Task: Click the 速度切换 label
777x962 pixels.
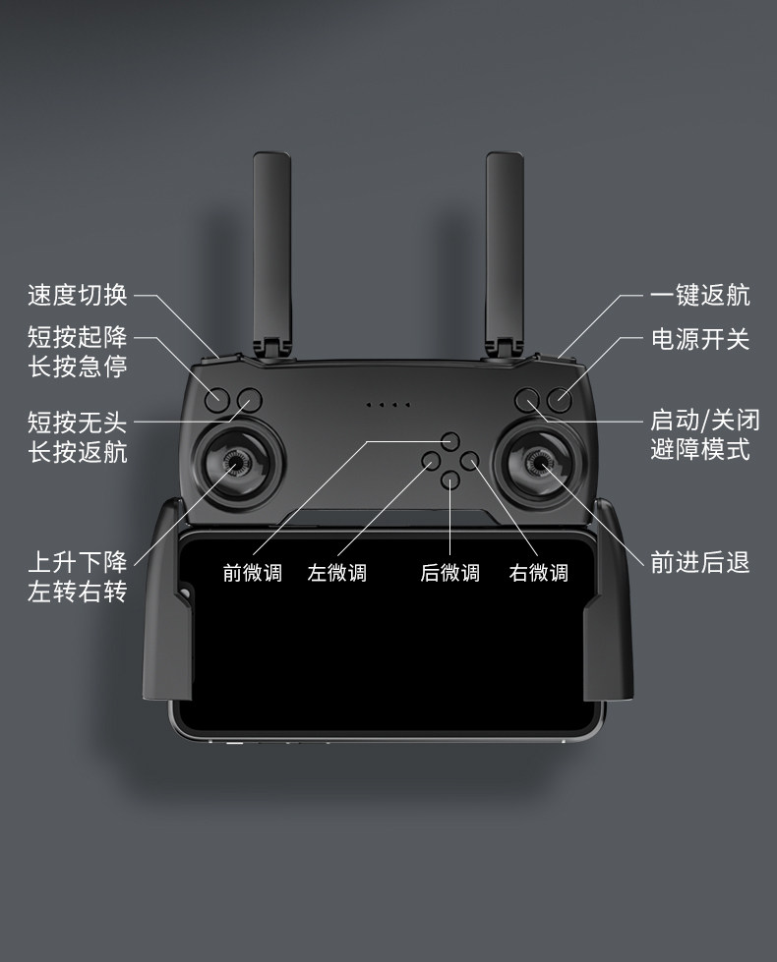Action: coord(77,294)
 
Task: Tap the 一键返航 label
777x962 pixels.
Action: coord(699,294)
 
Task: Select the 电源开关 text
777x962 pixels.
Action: coord(699,339)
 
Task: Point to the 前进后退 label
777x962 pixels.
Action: coord(699,562)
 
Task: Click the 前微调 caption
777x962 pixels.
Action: coord(252,573)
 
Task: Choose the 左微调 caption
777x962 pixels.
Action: coord(336,573)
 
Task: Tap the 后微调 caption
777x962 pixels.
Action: coord(449,573)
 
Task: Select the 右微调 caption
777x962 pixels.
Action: coord(538,573)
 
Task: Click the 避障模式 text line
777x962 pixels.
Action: coord(699,450)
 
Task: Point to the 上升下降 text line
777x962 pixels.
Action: coord(77,562)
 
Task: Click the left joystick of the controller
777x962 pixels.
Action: coord(236,461)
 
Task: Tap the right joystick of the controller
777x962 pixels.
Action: coord(540,461)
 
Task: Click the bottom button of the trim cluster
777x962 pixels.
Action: coord(450,481)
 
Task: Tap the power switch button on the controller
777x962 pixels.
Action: coord(560,399)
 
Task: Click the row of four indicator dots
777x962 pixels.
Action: coord(388,404)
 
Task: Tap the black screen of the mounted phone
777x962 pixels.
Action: coord(388,639)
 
